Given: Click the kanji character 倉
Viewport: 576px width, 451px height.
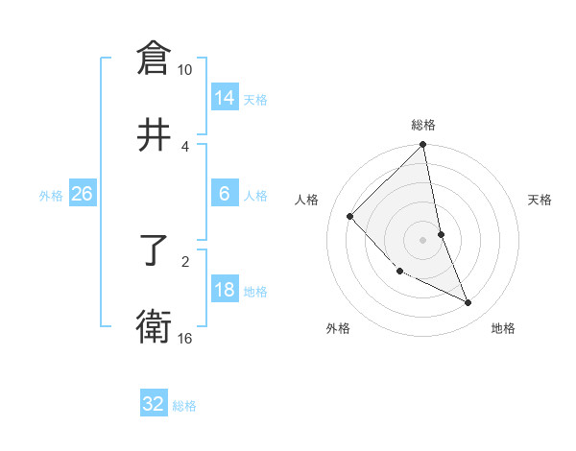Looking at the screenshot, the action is (x=154, y=59).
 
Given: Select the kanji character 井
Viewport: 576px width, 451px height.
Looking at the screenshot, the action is (x=154, y=134).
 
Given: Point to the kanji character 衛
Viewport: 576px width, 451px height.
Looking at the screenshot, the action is (x=154, y=326).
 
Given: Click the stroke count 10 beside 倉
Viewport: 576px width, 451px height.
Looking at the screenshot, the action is (x=184, y=70).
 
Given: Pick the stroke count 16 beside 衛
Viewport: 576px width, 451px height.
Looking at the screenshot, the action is (x=184, y=338).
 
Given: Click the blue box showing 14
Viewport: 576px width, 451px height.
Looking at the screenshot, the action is (x=224, y=98).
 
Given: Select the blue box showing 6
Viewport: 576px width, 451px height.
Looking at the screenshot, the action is (x=224, y=194).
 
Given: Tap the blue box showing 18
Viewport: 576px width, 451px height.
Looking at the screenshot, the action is (x=224, y=290).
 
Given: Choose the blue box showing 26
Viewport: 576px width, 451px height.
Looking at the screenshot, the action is (x=82, y=194).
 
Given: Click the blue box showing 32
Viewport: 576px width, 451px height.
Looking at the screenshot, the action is (x=153, y=404).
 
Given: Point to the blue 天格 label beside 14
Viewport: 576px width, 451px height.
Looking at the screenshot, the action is (x=255, y=100).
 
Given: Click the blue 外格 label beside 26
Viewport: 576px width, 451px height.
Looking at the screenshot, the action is (x=51, y=196).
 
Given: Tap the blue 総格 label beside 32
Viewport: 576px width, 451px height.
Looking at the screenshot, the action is (x=184, y=406).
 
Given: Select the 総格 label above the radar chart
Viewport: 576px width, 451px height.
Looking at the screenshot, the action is (x=423, y=125).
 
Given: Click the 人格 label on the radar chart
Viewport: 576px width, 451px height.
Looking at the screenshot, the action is (x=307, y=200).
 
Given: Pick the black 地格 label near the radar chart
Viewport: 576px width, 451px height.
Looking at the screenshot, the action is (x=503, y=328).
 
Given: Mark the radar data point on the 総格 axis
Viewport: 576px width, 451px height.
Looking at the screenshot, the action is (x=423, y=146).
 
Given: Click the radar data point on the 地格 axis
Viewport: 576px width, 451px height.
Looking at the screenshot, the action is (x=468, y=302).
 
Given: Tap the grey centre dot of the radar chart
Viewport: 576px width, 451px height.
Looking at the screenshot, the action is (x=423, y=239).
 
